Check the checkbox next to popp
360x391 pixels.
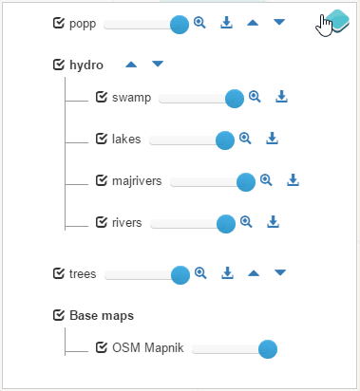[59, 23]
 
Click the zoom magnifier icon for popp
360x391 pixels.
[199, 23]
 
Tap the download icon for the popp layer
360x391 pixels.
[226, 23]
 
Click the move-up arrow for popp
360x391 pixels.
[253, 23]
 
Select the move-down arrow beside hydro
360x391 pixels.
[158, 64]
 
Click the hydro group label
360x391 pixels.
[86, 65]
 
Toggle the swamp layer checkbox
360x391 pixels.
[102, 97]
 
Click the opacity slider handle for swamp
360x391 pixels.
[235, 99]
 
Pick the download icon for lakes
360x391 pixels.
[272, 139]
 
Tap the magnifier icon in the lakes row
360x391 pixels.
[245, 139]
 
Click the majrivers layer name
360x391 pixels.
[137, 181]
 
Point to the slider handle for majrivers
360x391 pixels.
[246, 182]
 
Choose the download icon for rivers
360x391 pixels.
[273, 222]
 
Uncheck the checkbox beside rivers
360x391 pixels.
[102, 222]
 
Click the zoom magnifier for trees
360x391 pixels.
[200, 272]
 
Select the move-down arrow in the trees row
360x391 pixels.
[280, 272]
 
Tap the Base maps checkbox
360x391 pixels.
[59, 315]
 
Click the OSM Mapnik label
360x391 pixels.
[148, 348]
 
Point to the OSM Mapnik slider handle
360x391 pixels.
[268, 349]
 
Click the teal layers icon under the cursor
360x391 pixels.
[337, 21]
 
